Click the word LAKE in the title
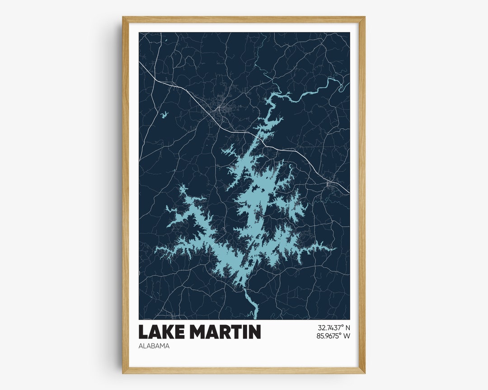coord(161,332)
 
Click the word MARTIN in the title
coord(225,332)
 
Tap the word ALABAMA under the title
coord(154,346)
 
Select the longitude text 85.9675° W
coord(333,336)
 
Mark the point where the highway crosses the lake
coord(258,135)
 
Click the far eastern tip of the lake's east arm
coord(336,248)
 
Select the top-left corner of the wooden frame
coord(123,18)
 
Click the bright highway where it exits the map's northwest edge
coord(141,64)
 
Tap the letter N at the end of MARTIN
coord(254,332)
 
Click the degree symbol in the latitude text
coord(343,326)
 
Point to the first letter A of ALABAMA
coord(141,346)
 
